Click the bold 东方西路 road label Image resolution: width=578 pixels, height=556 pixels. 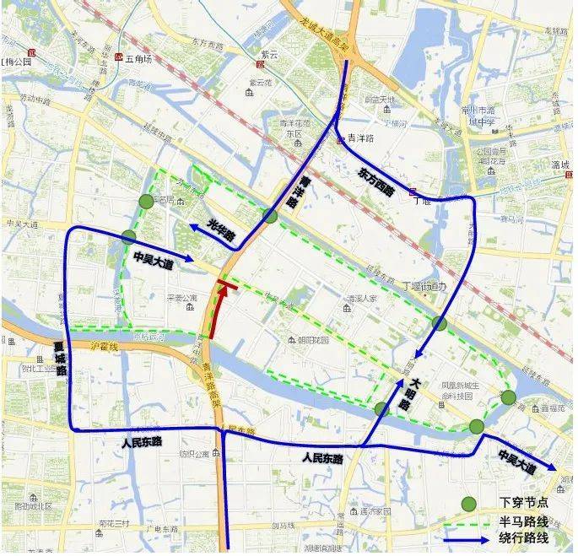pos(376,181)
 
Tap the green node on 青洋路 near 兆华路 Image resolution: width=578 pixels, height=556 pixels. pos(270,216)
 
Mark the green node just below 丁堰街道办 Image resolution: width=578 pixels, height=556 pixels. pos(440,323)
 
